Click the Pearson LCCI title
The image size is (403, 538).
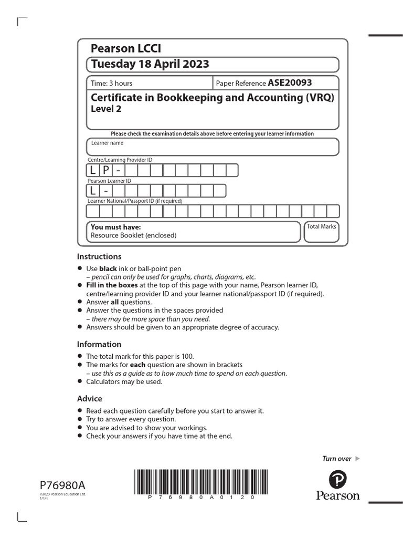point(126,49)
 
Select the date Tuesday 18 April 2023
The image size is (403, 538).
point(150,64)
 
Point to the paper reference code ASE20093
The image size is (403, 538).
point(290,82)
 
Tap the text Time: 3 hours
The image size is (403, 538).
point(112,83)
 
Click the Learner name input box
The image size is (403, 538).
point(213,147)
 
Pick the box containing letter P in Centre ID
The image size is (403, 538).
point(105,170)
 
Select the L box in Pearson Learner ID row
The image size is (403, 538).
point(93,191)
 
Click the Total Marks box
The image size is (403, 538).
point(321,232)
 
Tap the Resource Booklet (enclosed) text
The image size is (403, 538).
point(133,235)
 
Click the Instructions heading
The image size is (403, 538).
point(99,256)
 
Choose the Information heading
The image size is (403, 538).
point(99,344)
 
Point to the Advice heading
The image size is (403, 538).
point(90,398)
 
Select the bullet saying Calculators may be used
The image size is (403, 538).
point(124,381)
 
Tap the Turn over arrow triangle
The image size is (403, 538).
point(358,459)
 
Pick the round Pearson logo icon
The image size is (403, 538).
point(338,479)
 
